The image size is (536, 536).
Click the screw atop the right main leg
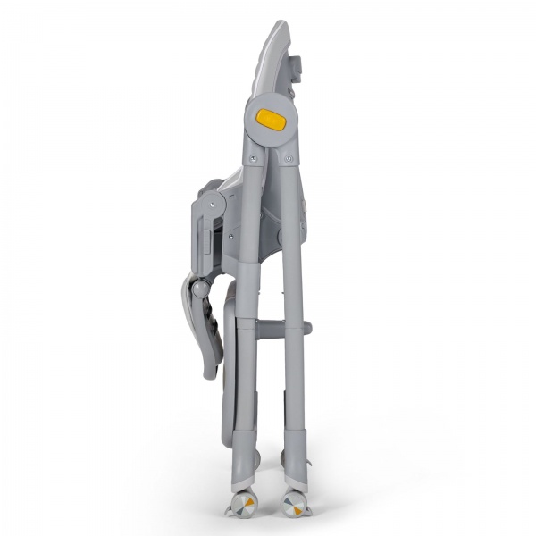tap(288, 161)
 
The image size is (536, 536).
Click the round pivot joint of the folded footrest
tap(202, 289)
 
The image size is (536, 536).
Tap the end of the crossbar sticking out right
tap(307, 329)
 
